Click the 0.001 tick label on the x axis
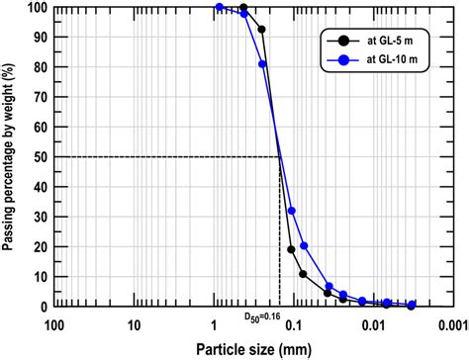click(450, 322)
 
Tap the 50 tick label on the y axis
click(39, 156)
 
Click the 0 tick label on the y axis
click(42, 306)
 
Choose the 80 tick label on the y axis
click(39, 66)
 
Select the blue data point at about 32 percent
click(291, 211)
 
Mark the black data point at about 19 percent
click(291, 249)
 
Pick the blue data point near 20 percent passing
click(304, 245)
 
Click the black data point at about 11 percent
click(304, 274)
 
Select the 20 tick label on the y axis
click(39, 246)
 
